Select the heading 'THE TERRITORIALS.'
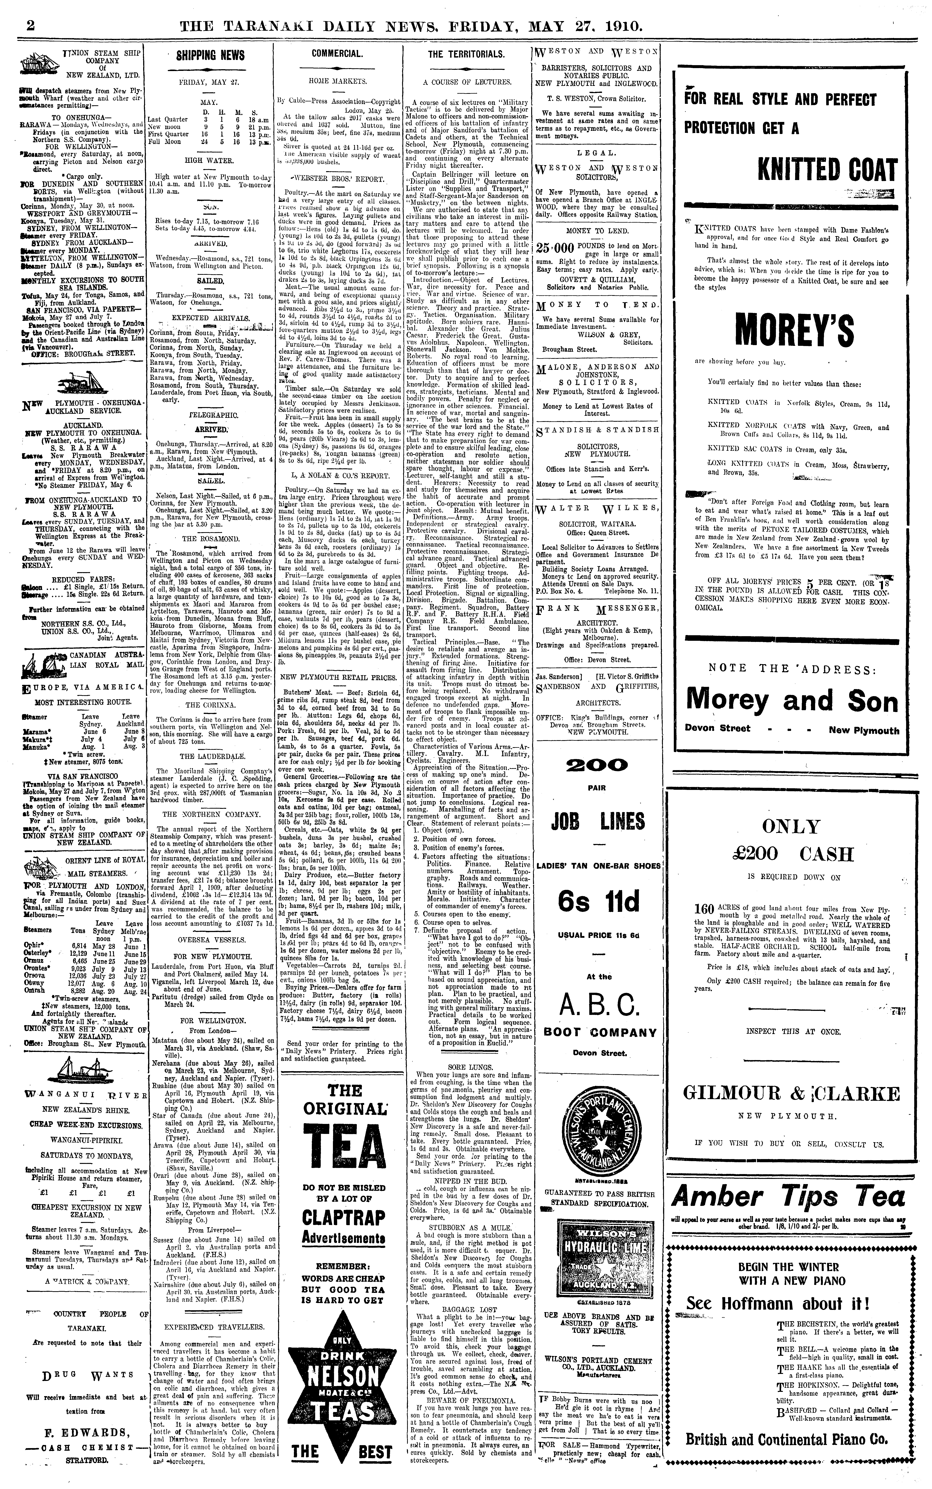[465, 54]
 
